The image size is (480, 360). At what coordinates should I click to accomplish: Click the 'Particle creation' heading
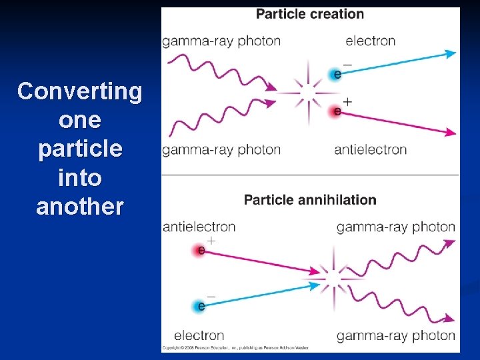tap(310, 14)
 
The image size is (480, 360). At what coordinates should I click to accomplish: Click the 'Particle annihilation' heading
tap(310, 199)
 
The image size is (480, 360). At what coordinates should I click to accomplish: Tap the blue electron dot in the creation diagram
tap(336, 74)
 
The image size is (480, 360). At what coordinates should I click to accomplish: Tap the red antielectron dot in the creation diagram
tap(336, 111)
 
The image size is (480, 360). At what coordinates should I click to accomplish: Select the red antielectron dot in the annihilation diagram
tap(200, 251)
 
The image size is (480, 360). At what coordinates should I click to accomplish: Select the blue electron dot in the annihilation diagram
tap(200, 306)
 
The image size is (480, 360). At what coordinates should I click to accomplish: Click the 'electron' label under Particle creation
tap(370, 41)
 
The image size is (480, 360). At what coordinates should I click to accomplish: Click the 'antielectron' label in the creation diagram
tap(370, 149)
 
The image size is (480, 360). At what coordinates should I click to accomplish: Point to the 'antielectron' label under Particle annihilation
tap(199, 227)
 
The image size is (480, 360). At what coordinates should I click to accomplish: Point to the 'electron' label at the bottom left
tap(199, 335)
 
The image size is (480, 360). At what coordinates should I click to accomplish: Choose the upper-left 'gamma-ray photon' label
tap(221, 41)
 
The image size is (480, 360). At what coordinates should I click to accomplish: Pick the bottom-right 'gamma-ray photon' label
tap(395, 335)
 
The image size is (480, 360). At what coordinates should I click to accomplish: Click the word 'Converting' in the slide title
tap(80, 91)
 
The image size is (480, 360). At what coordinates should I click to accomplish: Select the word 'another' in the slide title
tap(80, 207)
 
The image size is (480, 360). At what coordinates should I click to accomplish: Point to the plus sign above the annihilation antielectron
tap(211, 239)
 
